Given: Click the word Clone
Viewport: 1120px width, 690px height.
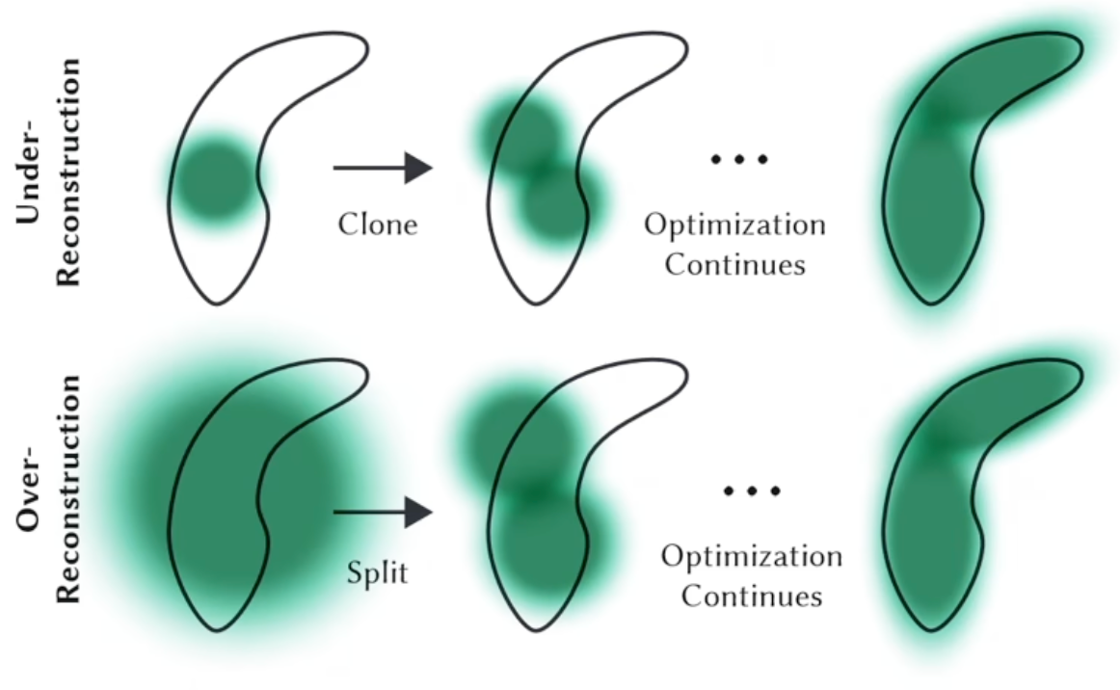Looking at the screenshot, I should tap(377, 225).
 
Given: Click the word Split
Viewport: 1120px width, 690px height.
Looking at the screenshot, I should tap(377, 574).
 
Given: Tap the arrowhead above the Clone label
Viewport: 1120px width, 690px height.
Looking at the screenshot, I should tap(417, 168).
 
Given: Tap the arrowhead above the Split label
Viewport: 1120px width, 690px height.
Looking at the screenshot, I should tap(417, 512).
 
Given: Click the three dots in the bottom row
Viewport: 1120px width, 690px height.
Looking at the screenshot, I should tap(752, 491).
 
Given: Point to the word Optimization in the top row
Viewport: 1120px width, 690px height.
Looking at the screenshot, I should tap(734, 226).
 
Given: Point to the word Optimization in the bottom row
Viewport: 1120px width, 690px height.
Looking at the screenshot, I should tap(752, 556).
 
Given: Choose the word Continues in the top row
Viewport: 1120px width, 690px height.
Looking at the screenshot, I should tap(734, 263).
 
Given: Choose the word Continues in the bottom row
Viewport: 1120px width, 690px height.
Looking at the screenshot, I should tap(752, 595).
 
